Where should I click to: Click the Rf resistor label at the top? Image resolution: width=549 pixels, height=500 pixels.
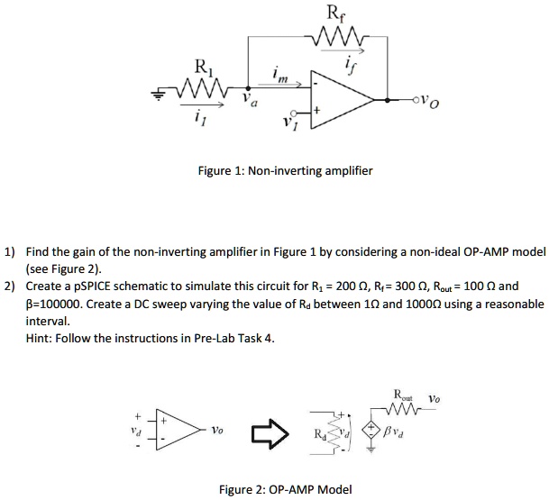(x=334, y=14)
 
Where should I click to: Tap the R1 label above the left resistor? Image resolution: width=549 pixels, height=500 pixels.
(x=205, y=66)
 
